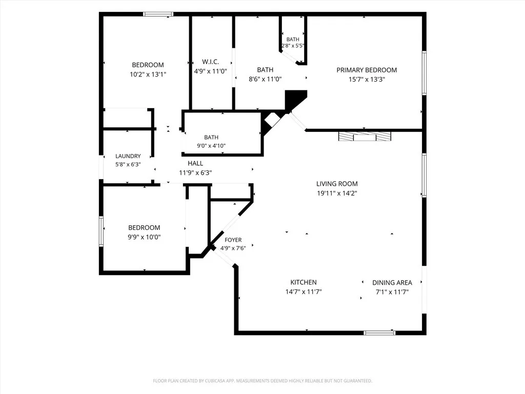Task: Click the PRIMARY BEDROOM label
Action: (x=367, y=70)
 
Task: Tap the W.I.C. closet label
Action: (x=211, y=62)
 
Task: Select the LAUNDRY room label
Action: (x=128, y=156)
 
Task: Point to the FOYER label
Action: (x=233, y=240)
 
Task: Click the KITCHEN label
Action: (x=304, y=283)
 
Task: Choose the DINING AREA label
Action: (x=392, y=283)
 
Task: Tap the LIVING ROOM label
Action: (x=337, y=184)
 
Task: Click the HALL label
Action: (x=195, y=164)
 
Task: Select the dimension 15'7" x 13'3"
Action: (x=367, y=80)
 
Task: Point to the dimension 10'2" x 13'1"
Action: (x=148, y=74)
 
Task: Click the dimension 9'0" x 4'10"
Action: (x=211, y=146)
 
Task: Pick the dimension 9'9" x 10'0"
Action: (x=144, y=237)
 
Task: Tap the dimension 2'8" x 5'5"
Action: (x=293, y=46)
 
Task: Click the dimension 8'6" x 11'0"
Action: (x=265, y=80)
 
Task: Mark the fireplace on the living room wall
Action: (x=365, y=136)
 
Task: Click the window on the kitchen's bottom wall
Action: (x=379, y=332)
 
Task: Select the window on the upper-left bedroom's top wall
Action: (x=158, y=14)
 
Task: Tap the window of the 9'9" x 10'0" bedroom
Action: (x=101, y=231)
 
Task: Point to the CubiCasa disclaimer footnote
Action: (x=262, y=381)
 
